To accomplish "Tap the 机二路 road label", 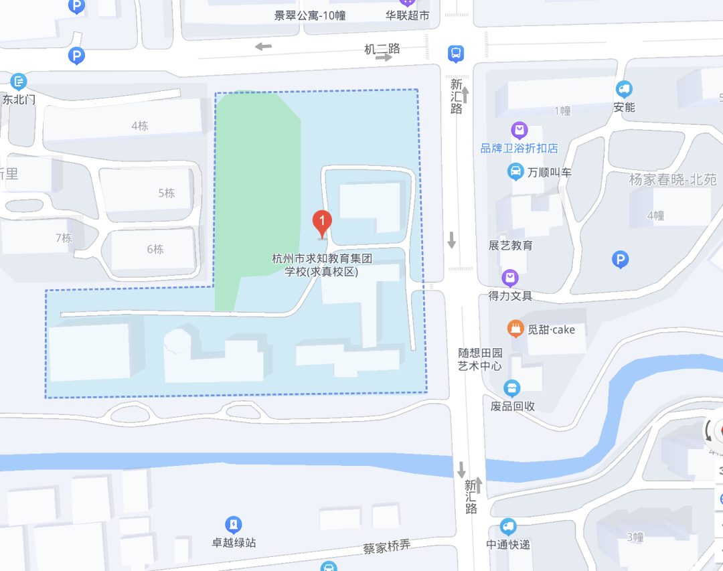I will point(382,48).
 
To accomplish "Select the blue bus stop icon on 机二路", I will point(456,53).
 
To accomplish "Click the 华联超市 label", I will point(407,15).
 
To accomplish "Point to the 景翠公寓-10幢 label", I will point(309,15).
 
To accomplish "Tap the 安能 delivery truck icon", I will point(624,88).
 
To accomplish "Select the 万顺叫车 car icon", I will point(515,172).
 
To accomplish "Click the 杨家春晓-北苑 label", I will point(672,179).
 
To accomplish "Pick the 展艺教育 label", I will point(511,246).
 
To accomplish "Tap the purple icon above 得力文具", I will point(510,277).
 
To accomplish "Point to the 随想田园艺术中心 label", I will point(480,359).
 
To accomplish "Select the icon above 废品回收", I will point(512,388).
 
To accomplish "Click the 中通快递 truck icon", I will point(508,527).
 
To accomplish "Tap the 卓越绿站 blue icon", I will point(233,524).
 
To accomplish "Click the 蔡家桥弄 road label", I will point(386,547).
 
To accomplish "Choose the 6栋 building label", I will point(155,249).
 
